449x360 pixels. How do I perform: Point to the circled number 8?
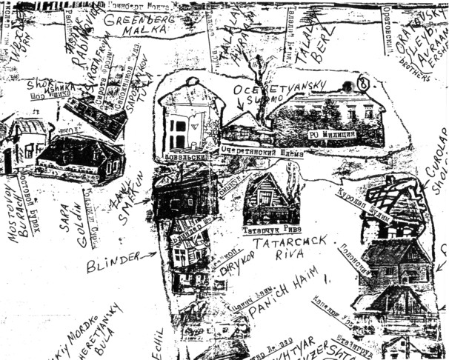[x=362, y=82]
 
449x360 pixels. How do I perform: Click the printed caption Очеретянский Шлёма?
[x=255, y=149]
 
